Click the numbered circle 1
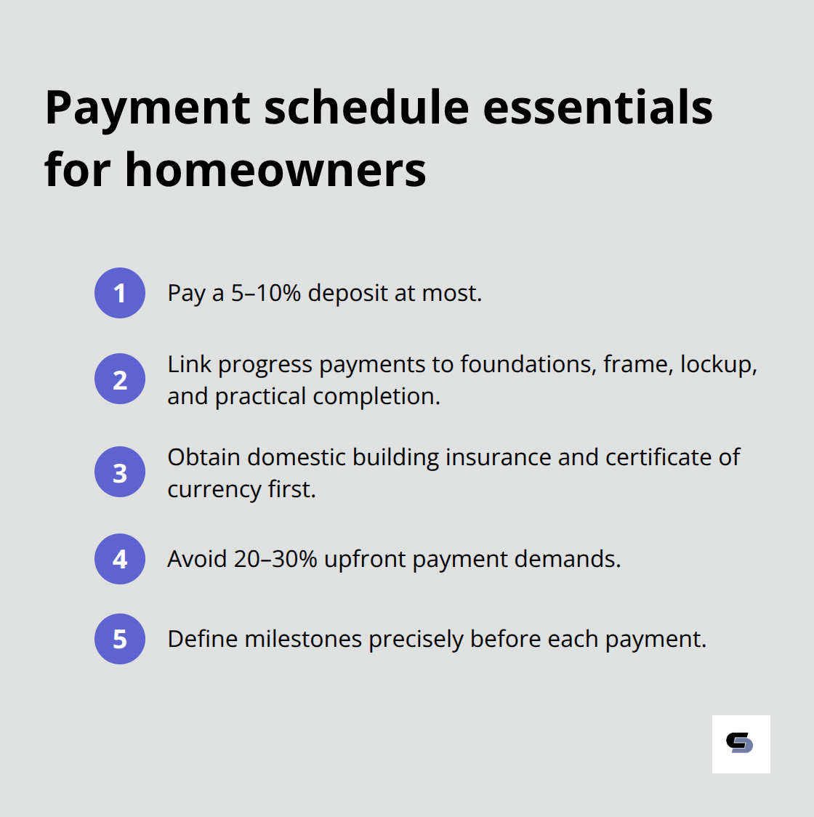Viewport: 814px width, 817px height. [x=120, y=293]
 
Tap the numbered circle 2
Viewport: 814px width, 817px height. [x=120, y=379]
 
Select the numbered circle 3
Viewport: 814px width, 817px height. [x=120, y=472]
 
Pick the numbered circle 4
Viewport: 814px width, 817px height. [x=120, y=559]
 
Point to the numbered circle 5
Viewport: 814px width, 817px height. [x=120, y=639]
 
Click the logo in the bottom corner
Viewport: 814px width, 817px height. [x=741, y=744]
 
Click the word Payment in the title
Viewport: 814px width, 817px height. [x=148, y=108]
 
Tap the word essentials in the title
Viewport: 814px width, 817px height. [x=597, y=107]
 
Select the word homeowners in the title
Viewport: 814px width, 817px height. [x=275, y=170]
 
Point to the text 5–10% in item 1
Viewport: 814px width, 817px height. [x=265, y=293]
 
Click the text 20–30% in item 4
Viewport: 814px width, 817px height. [x=275, y=559]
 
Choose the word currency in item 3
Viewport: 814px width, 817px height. [x=214, y=490]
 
